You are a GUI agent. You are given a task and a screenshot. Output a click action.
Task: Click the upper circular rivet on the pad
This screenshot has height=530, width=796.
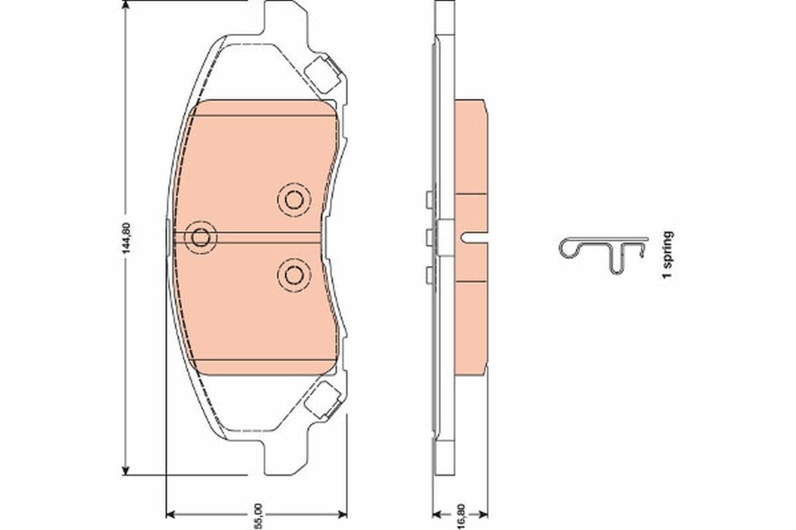click(x=294, y=198)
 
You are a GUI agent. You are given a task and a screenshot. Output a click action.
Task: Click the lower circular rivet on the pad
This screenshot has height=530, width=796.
click(x=294, y=274)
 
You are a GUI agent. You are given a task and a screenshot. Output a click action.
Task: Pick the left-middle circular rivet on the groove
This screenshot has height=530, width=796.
click(x=201, y=236)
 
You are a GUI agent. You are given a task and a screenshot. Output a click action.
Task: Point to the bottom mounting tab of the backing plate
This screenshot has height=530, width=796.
click(x=286, y=457)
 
